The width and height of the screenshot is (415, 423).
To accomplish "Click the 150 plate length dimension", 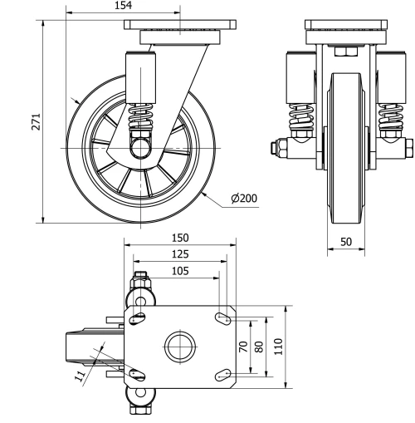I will coord(179,239).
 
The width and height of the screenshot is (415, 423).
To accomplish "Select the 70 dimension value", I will coord(243,347).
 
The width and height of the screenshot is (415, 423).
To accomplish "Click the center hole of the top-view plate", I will coord(179,347).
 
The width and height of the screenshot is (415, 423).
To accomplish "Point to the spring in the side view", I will coord(142,116).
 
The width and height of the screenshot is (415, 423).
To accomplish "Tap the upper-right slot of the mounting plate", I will coord(222,318).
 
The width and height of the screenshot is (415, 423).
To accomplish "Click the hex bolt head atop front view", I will coord(342,52).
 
